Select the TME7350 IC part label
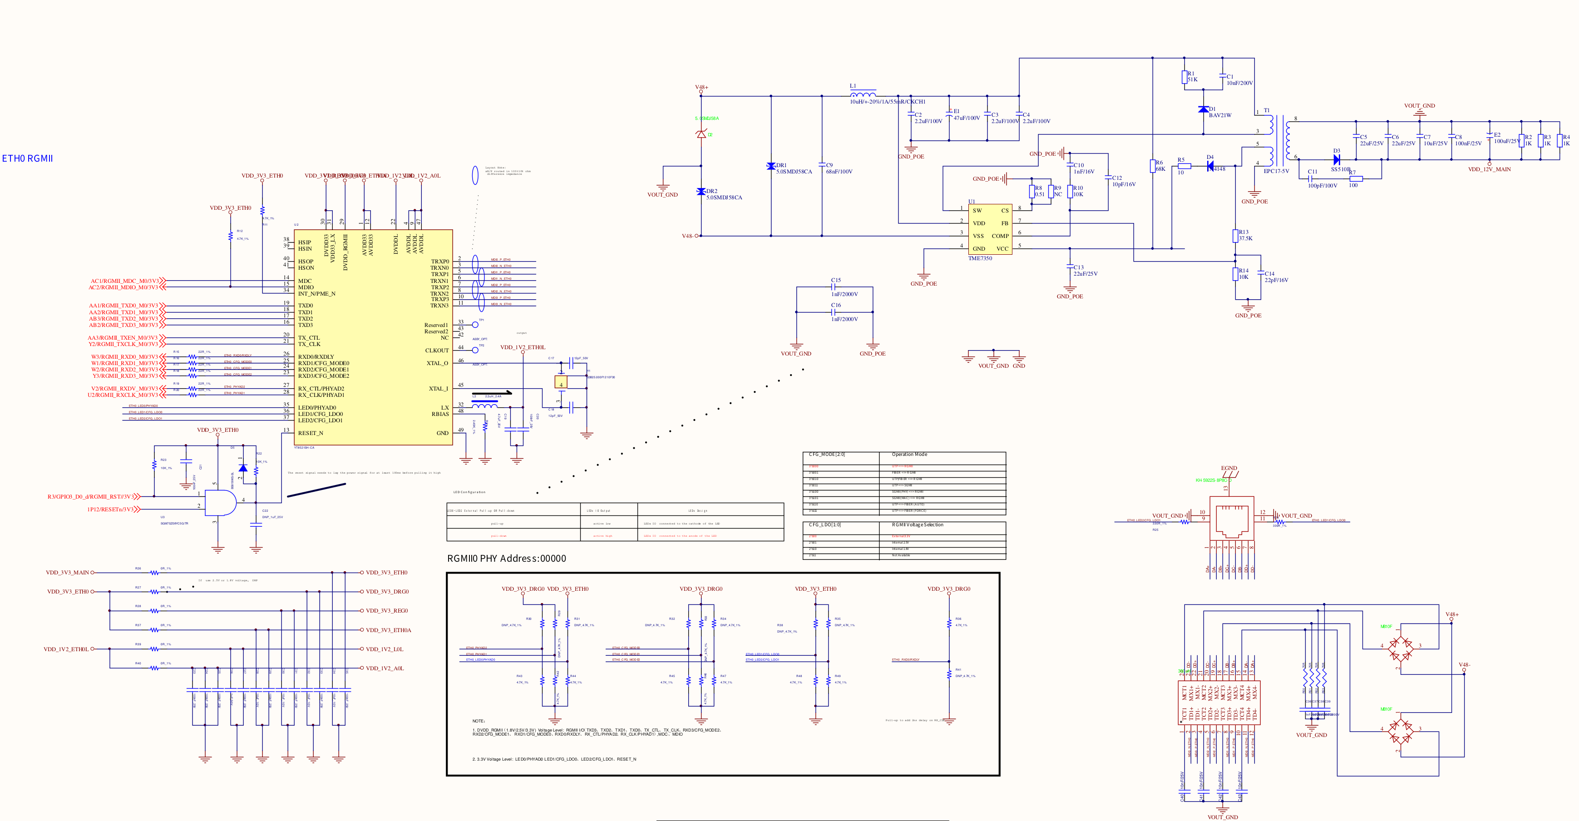coord(980,258)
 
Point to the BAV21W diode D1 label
coord(1220,114)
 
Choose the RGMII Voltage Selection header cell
coord(917,525)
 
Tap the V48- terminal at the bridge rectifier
coord(1464,665)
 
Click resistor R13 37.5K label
coord(1245,236)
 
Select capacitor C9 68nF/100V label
coord(839,168)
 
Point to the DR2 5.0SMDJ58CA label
coord(723,194)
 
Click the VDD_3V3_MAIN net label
coord(68,573)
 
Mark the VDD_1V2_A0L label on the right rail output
coord(385,668)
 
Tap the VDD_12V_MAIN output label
coord(1489,169)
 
